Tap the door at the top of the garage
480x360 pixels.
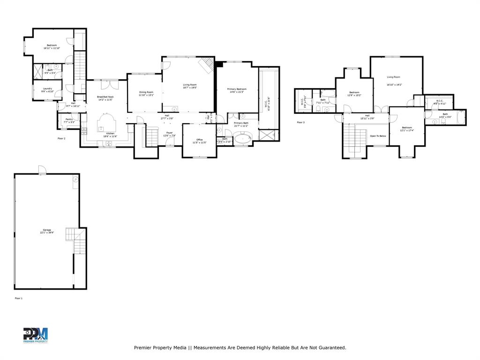click(42, 170)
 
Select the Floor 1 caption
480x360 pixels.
click(19, 298)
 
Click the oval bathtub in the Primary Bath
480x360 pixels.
click(243, 138)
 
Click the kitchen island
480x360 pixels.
click(106, 125)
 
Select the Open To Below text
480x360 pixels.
click(378, 136)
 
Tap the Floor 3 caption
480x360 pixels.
click(300, 122)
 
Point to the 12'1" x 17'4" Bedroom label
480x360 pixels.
click(406, 129)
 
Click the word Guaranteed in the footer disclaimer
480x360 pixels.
click(330, 348)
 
